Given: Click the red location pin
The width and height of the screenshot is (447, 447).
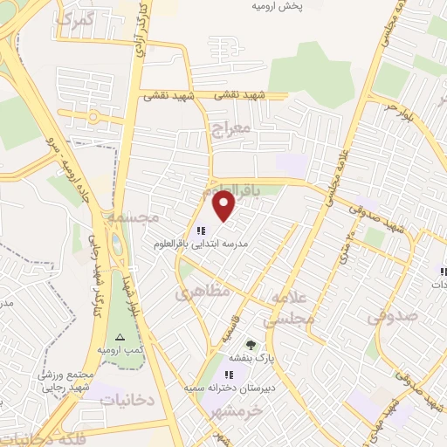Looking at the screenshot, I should [x=224, y=207].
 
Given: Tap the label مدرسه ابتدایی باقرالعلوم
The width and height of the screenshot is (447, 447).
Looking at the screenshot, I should [x=203, y=244].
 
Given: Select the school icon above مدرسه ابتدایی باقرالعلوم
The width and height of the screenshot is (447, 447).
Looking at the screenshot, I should [x=202, y=230].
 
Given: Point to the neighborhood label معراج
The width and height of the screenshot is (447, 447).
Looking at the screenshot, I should [x=230, y=129].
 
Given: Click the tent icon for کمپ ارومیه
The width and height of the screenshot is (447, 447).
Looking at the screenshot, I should [x=120, y=337].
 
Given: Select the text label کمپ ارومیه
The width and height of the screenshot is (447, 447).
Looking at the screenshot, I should [x=120, y=350].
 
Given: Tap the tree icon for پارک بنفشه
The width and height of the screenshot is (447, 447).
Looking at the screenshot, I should [x=251, y=345].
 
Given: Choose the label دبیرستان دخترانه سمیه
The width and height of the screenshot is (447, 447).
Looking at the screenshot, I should [x=230, y=387].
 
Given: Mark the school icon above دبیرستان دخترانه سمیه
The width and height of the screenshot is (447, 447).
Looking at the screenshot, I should [x=230, y=375].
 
